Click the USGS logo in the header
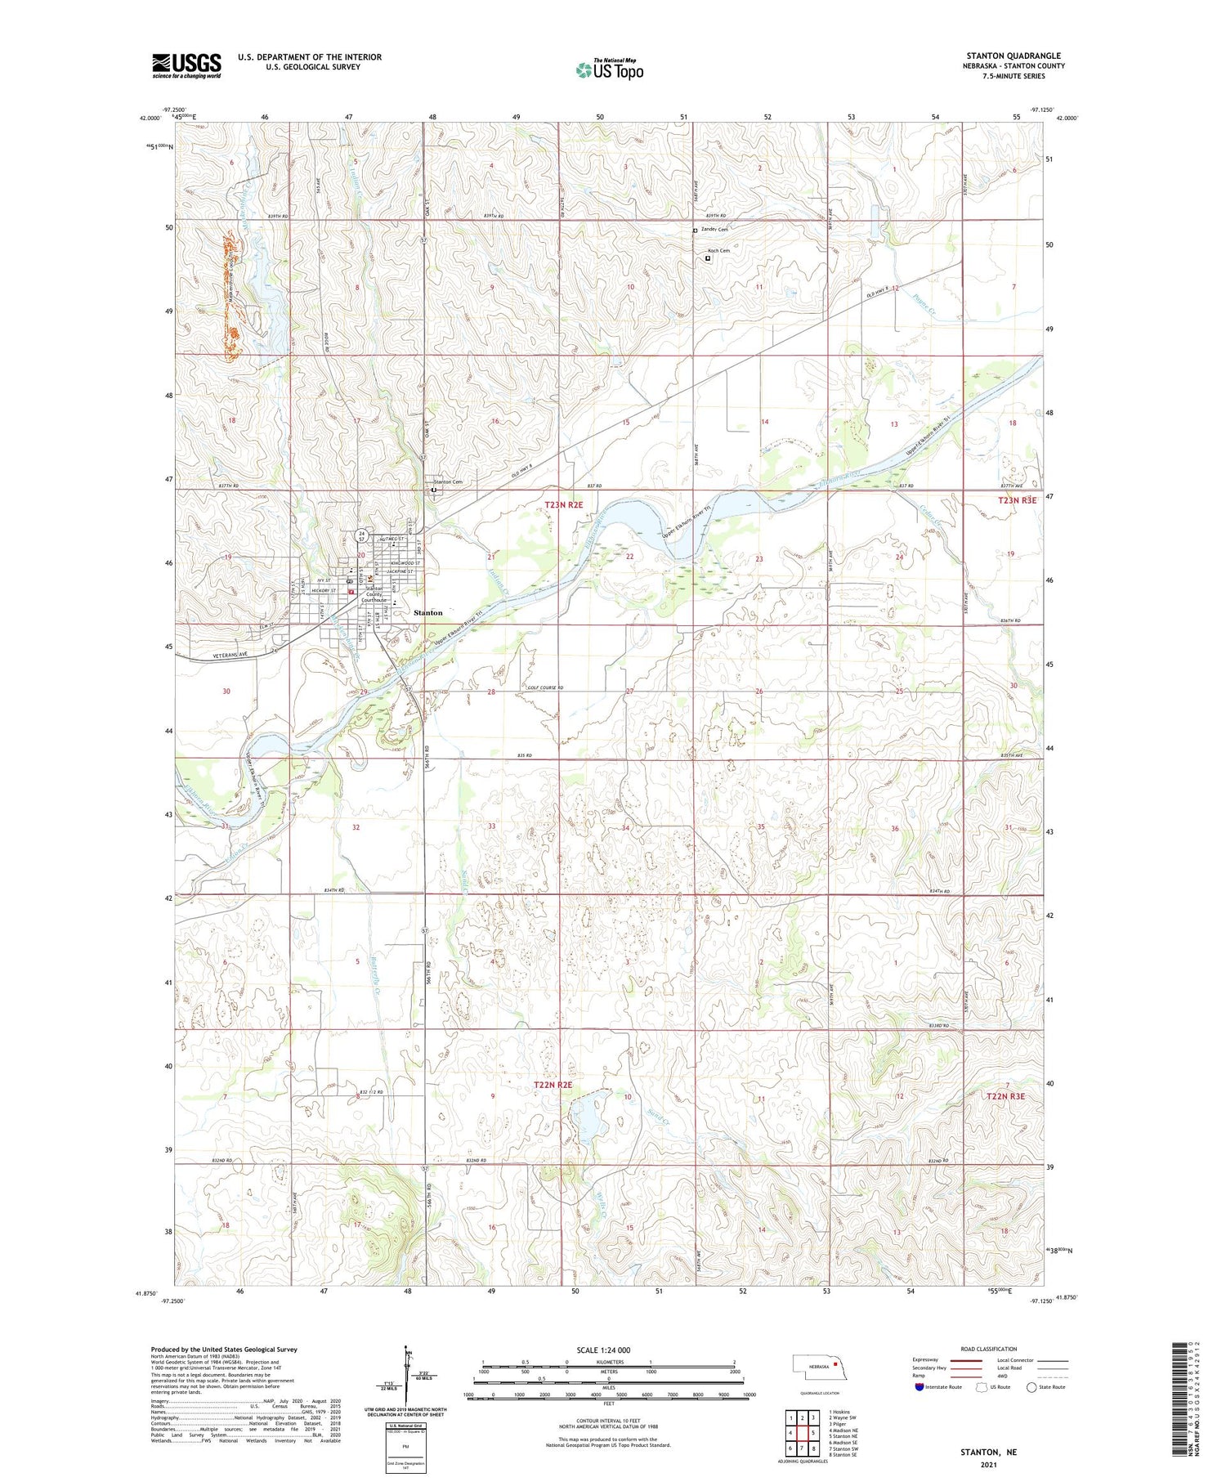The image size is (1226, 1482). click(186, 65)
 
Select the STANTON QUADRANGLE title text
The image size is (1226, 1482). click(1013, 56)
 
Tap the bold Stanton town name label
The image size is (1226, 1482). click(427, 612)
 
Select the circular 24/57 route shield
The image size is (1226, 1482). click(360, 535)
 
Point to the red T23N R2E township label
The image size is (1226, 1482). click(564, 506)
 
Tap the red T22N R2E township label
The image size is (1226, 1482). click(553, 1085)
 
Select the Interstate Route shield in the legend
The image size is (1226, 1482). click(919, 1387)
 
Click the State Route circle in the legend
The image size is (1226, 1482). click(1031, 1387)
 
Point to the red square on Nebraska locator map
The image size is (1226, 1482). click(836, 1363)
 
